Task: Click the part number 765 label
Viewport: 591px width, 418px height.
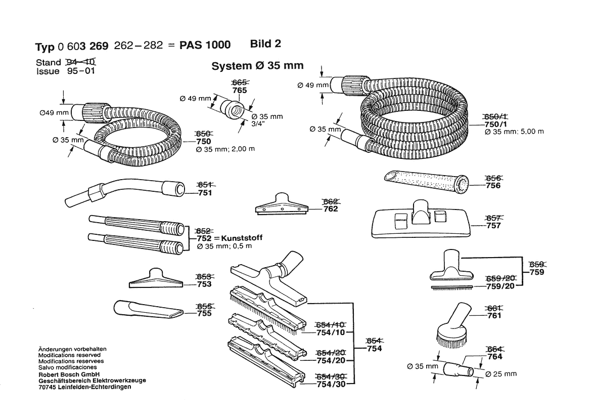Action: click(x=240, y=91)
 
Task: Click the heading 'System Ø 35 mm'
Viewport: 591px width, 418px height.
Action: click(x=257, y=66)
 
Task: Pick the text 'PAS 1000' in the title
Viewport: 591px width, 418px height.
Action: click(x=205, y=45)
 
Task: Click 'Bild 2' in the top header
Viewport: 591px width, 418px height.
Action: click(x=265, y=44)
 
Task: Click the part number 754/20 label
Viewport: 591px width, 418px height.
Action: click(x=331, y=360)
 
